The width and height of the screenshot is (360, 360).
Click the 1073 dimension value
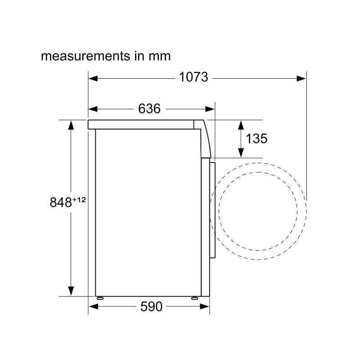coord(193,77)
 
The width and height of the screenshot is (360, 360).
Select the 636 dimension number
coord(149,108)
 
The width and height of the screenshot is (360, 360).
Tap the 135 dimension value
coord(256,139)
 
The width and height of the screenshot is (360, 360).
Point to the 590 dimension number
coord(151,306)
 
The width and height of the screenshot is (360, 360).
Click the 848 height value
coord(61,202)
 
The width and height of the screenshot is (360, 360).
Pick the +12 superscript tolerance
coord(79,200)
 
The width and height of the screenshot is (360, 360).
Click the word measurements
coord(85,56)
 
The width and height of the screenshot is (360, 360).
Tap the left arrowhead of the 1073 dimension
coord(93,78)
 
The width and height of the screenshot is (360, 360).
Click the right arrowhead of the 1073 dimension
coord(301,78)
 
